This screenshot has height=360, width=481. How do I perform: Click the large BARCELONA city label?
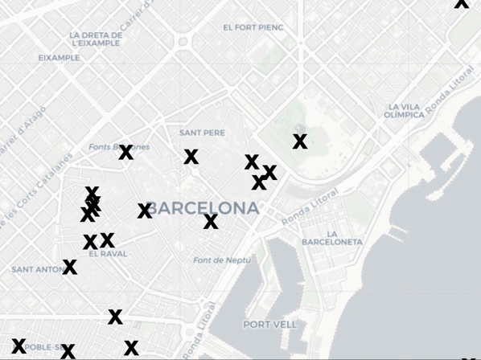(203, 208)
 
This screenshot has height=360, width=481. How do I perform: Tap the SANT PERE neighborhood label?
(202, 133)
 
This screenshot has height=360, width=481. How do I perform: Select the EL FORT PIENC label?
(253, 27)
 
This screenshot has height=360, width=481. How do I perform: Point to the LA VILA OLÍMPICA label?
(404, 111)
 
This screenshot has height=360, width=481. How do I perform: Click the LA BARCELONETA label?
(332, 237)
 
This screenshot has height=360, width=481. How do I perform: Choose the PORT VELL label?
(269, 325)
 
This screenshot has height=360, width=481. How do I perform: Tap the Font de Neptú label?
(221, 260)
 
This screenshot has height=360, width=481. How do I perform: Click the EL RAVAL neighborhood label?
(108, 253)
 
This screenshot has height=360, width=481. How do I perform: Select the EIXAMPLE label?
(59, 58)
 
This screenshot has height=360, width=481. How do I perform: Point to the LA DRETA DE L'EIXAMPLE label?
(96, 39)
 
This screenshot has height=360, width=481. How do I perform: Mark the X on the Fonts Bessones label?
(125, 152)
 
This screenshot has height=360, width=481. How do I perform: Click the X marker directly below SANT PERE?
(191, 157)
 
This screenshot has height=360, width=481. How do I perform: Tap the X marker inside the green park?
(300, 141)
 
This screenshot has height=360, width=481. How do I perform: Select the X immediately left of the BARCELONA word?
(145, 211)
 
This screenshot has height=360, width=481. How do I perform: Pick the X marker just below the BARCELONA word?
(211, 222)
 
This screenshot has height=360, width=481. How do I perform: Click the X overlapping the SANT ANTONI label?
(70, 267)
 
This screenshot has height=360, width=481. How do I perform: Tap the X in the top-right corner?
(461, 3)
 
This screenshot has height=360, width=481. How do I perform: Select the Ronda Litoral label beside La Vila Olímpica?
(450, 88)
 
